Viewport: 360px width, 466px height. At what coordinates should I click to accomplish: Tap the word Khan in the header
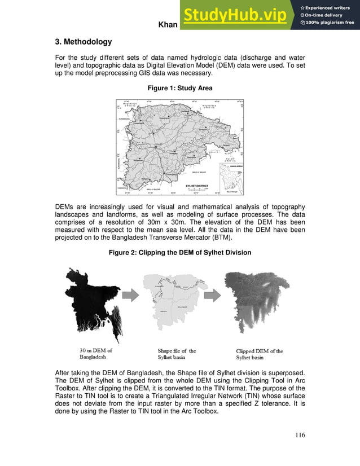click(168, 25)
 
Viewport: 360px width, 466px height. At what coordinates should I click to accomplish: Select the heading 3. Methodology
click(84, 42)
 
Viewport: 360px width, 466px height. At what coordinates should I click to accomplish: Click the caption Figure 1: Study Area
click(180, 89)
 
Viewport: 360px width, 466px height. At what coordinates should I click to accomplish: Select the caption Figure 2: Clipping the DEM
click(180, 252)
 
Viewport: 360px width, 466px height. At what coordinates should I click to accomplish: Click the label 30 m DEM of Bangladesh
click(96, 354)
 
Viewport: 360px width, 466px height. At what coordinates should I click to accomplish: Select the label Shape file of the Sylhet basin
click(177, 354)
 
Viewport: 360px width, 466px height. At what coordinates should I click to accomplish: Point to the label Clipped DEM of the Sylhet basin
click(260, 354)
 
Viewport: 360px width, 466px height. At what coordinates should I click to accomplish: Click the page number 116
click(299, 434)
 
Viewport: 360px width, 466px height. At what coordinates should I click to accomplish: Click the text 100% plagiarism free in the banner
click(330, 23)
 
